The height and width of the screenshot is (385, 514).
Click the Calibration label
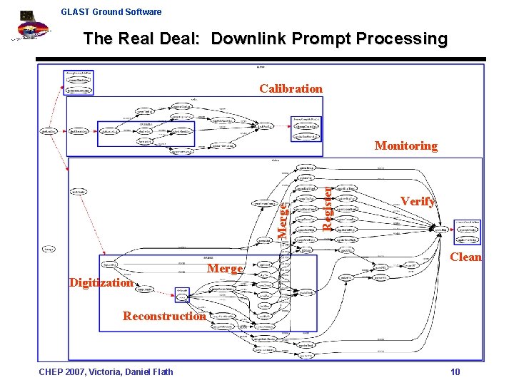tap(291, 88)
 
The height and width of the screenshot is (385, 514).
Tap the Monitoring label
tap(405, 145)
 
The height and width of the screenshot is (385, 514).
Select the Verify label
tap(418, 201)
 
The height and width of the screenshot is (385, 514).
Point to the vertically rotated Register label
tap(326, 208)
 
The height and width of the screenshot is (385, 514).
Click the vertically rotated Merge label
tap(283, 221)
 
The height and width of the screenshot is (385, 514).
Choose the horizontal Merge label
tap(226, 268)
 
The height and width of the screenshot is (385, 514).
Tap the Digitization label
tap(101, 282)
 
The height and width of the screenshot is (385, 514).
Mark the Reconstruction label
tap(164, 316)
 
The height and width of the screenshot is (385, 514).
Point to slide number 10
tap(455, 371)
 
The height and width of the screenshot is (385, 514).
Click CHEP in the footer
tap(51, 371)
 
